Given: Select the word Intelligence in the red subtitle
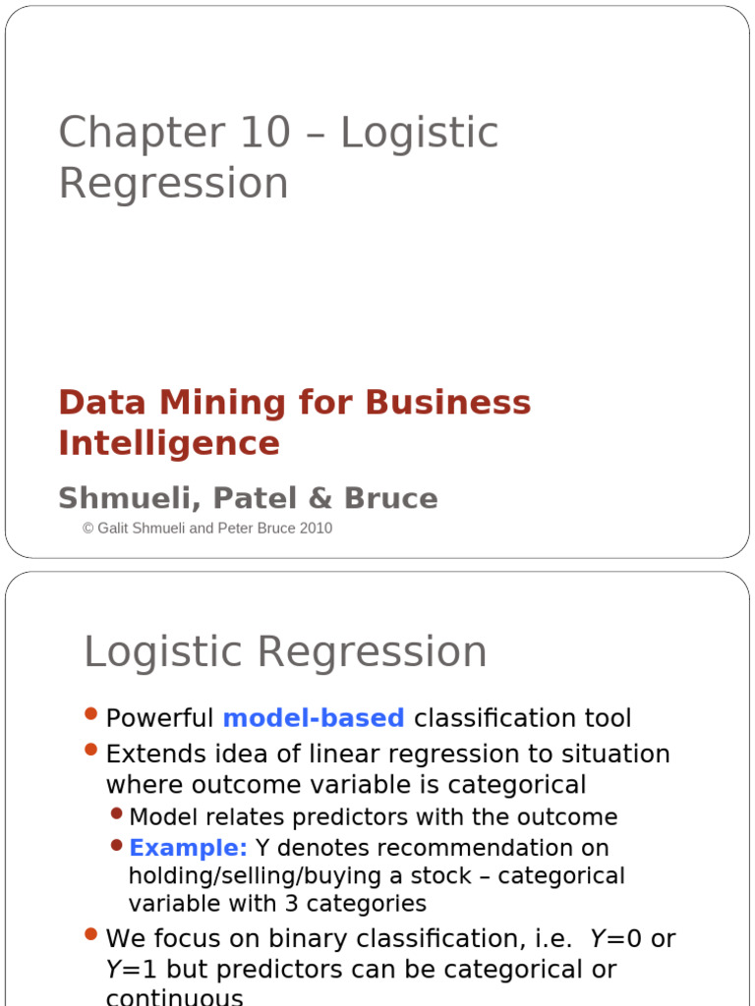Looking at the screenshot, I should [169, 444].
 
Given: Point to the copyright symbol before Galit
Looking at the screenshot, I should [87, 529].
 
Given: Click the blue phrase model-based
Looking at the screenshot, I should [314, 718].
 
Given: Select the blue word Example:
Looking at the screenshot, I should [188, 848].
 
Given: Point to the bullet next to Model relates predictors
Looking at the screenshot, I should [117, 813].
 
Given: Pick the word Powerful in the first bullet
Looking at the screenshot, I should [159, 718].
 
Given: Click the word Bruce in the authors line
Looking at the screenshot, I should [391, 498].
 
